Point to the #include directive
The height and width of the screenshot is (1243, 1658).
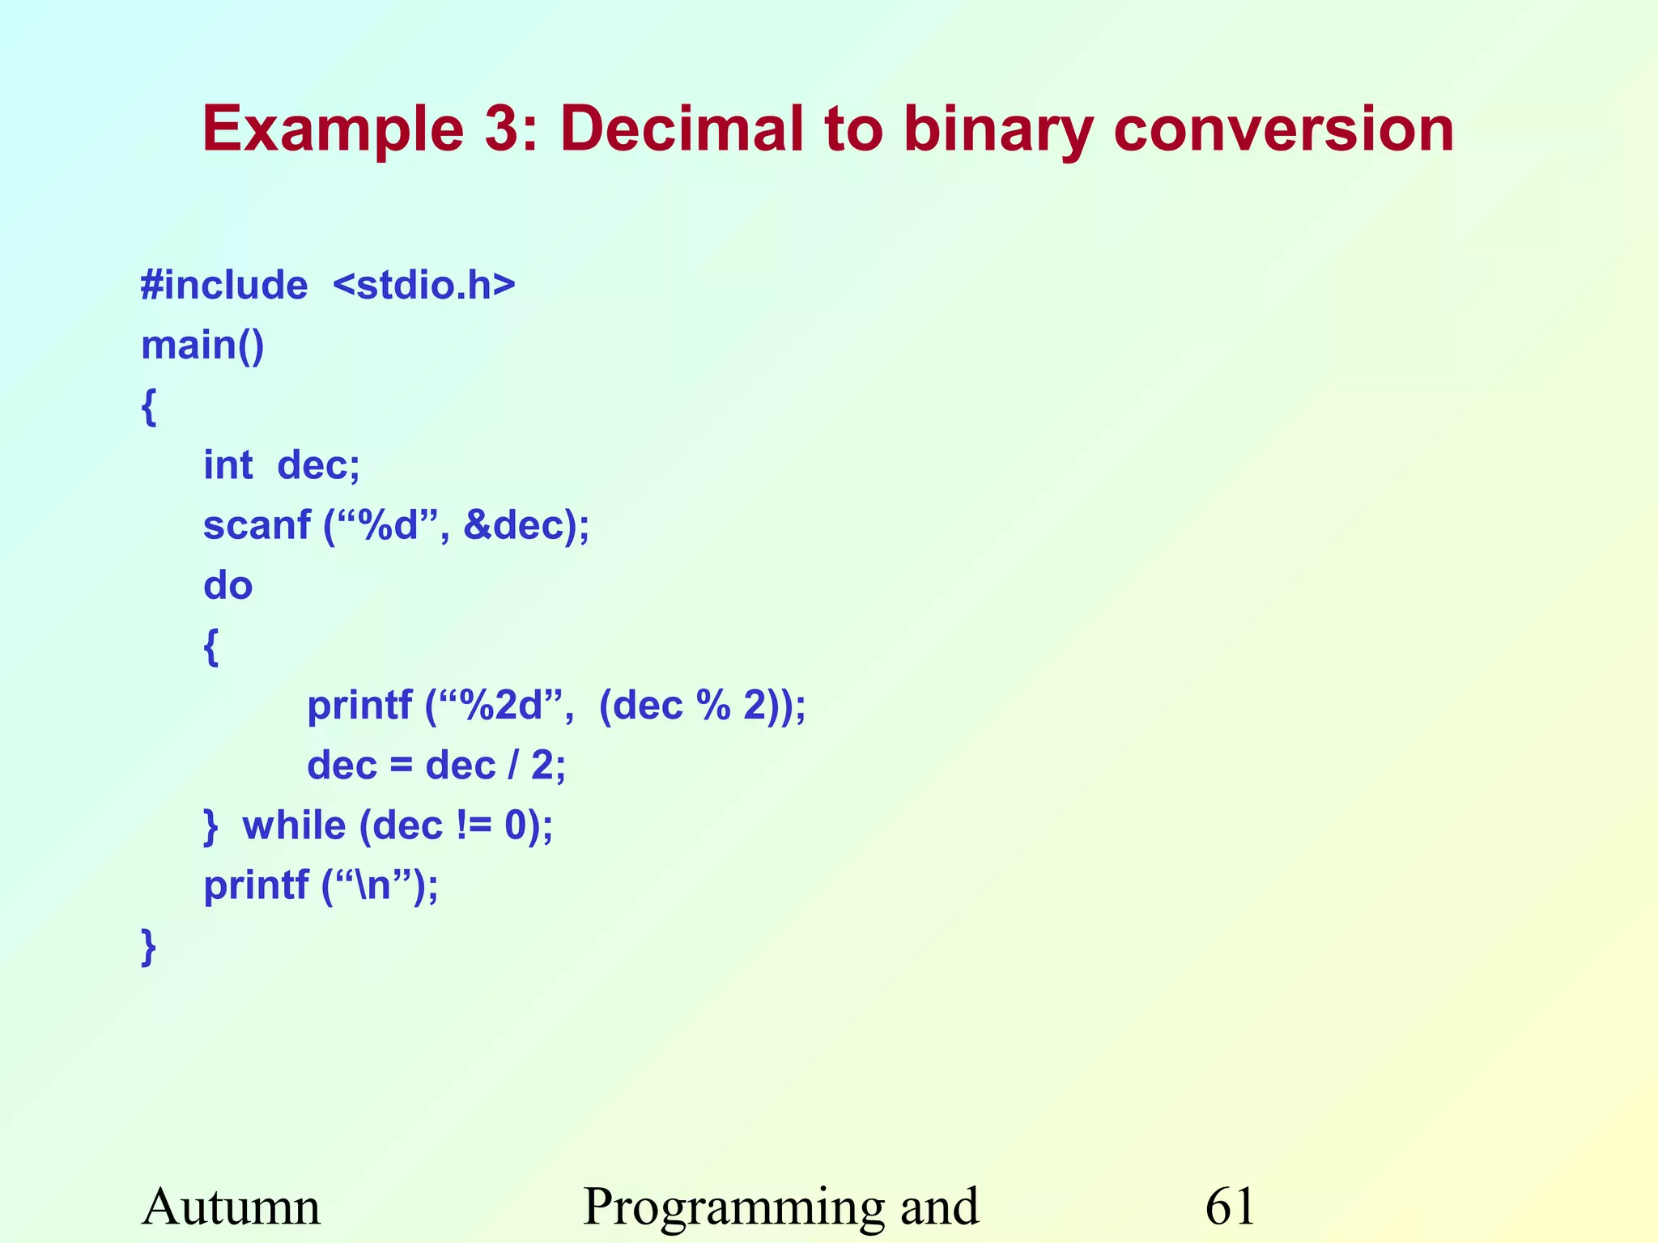(224, 286)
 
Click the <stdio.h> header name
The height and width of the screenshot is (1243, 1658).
(423, 286)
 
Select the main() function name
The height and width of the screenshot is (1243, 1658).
(202, 346)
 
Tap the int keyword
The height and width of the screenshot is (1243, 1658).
(227, 465)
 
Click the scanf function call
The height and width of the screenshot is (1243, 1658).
(257, 525)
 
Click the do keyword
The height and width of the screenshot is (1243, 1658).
(227, 585)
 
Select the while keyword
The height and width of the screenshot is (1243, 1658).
(294, 825)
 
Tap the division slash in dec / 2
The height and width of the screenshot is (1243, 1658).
(512, 766)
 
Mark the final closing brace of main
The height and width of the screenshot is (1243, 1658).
(148, 947)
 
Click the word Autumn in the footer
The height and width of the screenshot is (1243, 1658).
(231, 1207)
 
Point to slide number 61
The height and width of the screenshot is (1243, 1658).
(1230, 1207)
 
